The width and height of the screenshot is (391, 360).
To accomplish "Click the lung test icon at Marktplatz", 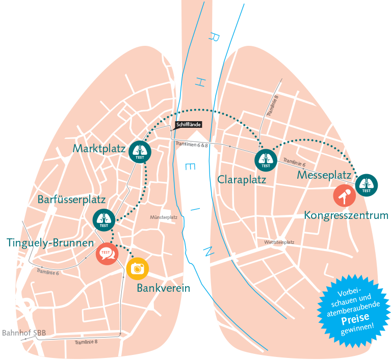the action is [140, 152].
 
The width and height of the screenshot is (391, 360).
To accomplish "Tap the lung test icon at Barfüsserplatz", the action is [104, 220].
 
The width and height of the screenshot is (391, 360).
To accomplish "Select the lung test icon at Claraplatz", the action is [266, 160].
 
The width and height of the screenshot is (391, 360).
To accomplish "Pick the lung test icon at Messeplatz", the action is [367, 185].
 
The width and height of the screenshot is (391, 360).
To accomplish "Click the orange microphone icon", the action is [345, 196].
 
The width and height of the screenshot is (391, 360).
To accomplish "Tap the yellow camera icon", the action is [138, 268].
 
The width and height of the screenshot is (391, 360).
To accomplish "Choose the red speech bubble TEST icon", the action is [107, 254].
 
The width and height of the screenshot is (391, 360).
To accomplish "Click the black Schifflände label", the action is [189, 125].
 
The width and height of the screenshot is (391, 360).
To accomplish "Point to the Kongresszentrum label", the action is [346, 215].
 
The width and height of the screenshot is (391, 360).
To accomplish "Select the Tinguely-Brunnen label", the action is [50, 243].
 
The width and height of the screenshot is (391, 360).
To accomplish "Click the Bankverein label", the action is [163, 288].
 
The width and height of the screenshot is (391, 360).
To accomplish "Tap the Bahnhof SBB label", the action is [24, 333].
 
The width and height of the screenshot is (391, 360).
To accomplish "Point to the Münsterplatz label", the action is [164, 217].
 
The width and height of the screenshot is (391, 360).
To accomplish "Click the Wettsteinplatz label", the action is [279, 242].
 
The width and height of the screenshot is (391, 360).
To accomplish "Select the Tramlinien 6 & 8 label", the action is [192, 144].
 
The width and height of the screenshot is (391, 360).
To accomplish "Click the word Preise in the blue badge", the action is [355, 319].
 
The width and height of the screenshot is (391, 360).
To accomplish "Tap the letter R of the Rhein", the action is [214, 37].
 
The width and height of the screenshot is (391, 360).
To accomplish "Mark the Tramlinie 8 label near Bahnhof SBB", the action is [86, 342].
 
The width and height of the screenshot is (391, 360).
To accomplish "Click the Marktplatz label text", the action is [99, 149].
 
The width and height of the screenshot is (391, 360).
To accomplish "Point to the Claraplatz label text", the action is [242, 180].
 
